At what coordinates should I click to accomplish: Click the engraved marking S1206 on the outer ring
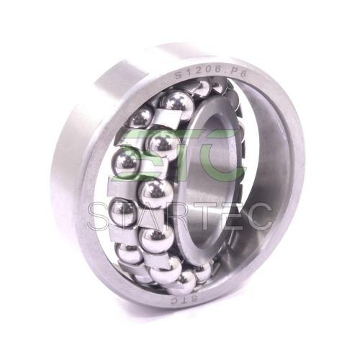point(197,73)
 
